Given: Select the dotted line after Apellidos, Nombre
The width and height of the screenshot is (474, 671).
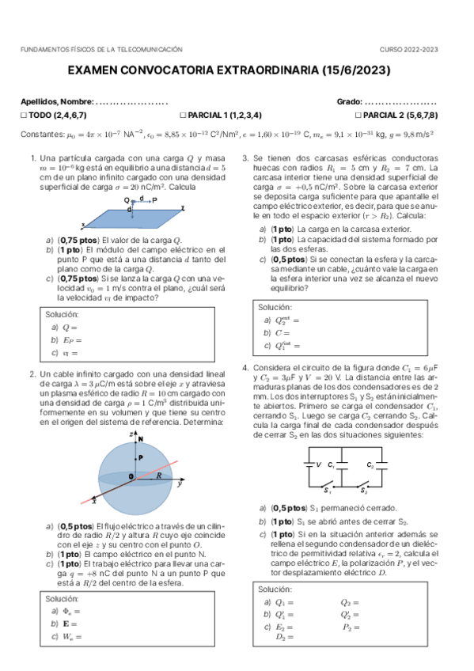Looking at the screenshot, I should coord(131,102).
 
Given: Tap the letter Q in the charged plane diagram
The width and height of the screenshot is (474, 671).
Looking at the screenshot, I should coord(127,201).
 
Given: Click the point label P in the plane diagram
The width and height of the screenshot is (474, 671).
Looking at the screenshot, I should coord(154,201).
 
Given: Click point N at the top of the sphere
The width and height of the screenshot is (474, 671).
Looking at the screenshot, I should coord(141,438).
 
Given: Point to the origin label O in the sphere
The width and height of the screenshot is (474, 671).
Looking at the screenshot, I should coord(131,476).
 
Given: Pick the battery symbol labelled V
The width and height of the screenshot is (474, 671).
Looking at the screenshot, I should coord(311,465).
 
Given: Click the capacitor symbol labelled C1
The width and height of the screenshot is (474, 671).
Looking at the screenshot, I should coord(341,465).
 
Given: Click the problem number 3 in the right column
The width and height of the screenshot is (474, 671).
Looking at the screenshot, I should coord(245,158).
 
